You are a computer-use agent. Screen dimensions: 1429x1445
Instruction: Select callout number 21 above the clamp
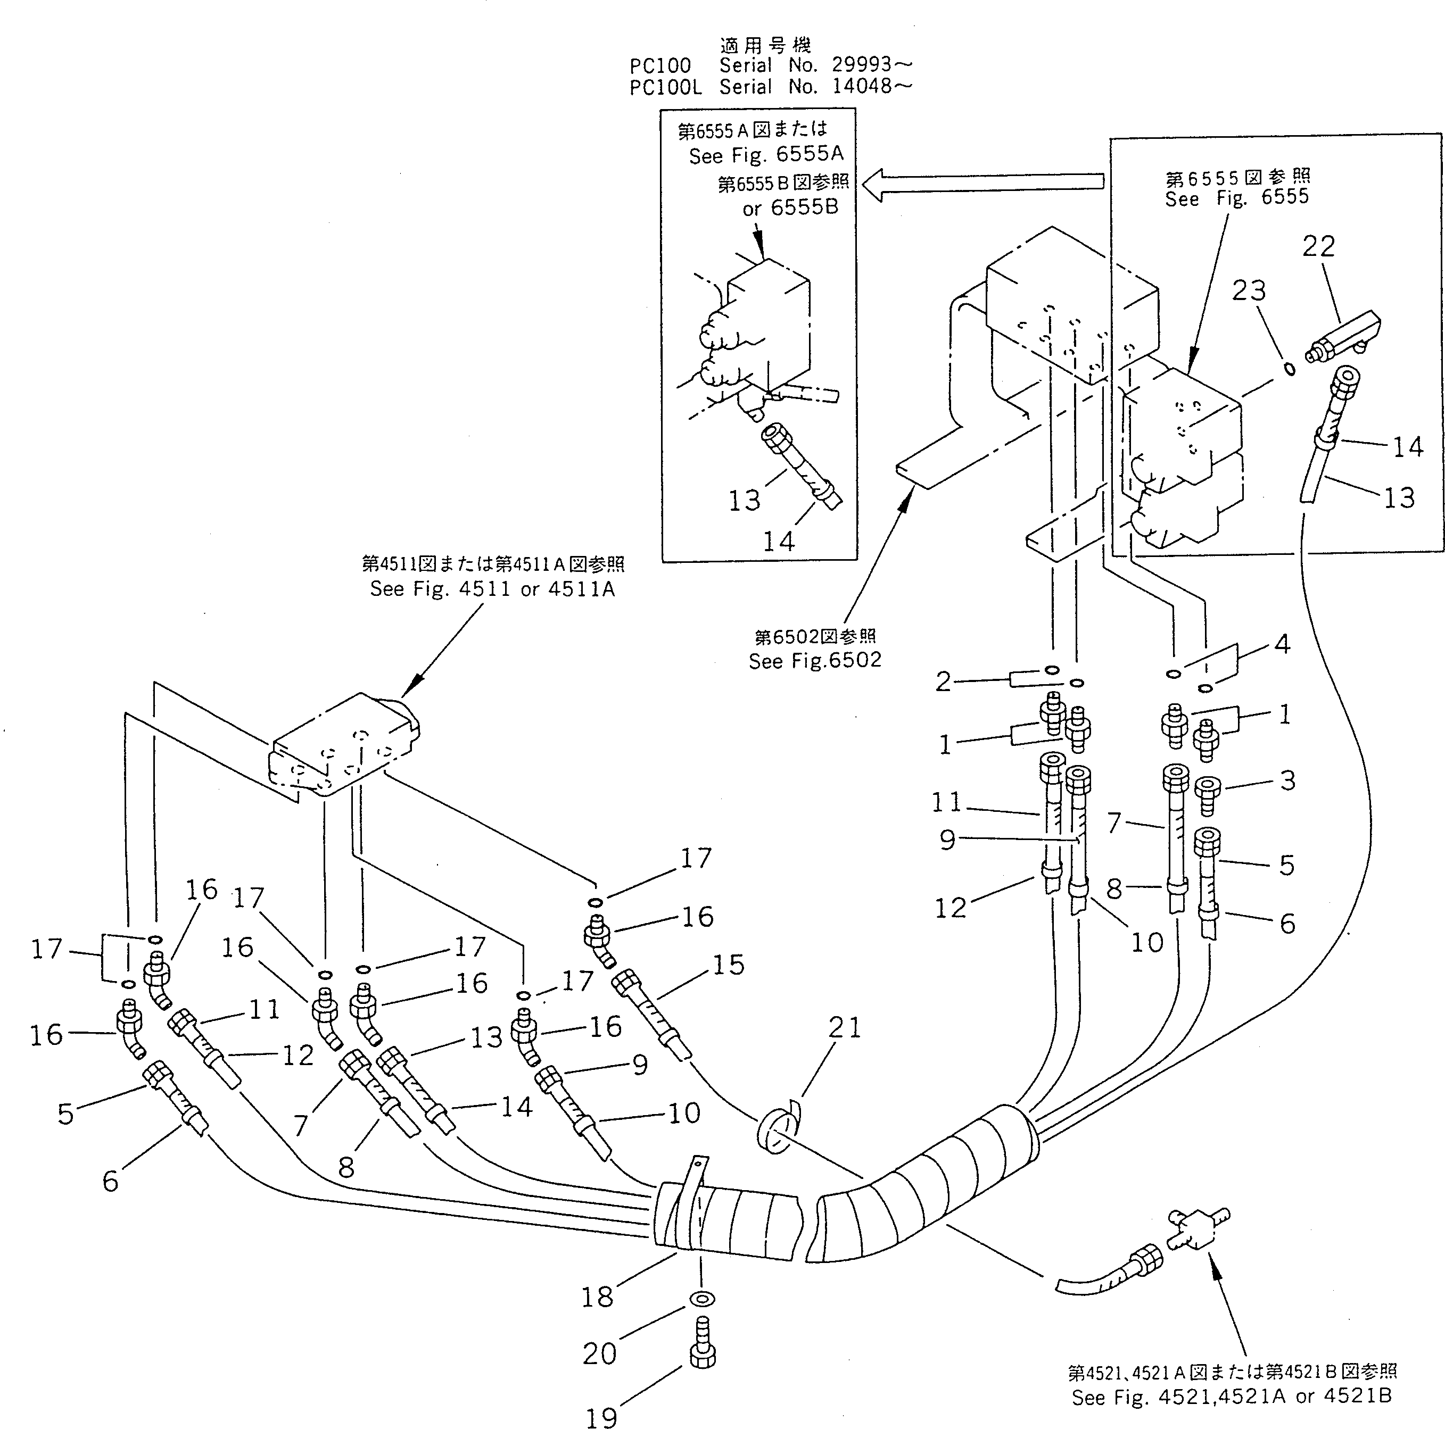845,1028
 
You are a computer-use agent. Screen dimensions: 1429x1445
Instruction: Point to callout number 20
599,1353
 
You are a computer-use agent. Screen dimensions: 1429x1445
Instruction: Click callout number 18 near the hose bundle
597,1297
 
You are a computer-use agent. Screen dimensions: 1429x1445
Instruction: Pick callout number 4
1282,644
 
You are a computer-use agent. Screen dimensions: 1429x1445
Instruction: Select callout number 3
1287,780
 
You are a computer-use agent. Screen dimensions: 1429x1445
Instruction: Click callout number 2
943,681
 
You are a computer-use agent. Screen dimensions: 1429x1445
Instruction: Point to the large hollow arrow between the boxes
984,185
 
